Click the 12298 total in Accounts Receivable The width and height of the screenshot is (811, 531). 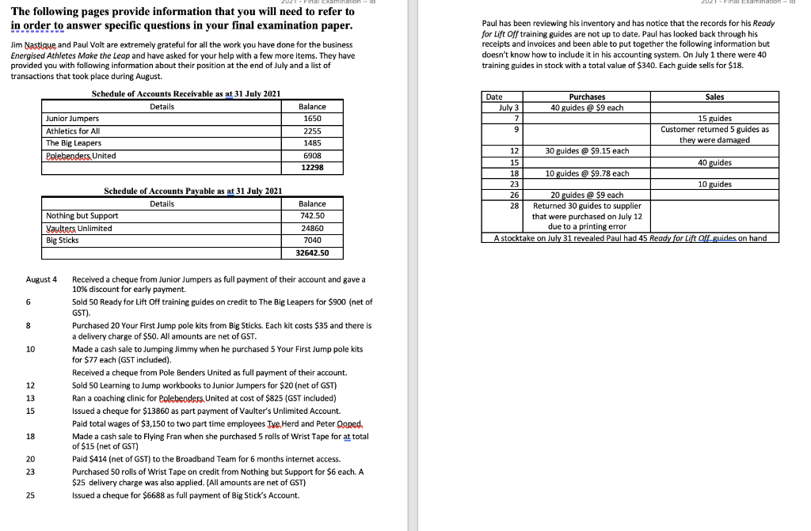[x=311, y=168]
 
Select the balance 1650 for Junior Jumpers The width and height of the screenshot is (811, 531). [x=311, y=119]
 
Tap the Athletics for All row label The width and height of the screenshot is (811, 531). [x=73, y=131]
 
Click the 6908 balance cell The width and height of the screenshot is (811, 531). [x=311, y=156]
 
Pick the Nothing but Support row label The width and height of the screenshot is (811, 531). [x=82, y=215]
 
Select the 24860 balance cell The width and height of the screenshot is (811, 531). [x=311, y=228]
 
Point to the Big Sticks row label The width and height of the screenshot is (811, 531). [x=63, y=240]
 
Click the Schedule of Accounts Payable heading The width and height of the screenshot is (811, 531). [x=193, y=192]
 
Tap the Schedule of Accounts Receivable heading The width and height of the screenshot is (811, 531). [x=186, y=94]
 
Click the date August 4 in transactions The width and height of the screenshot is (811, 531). [x=41, y=279]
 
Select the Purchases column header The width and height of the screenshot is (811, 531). [x=587, y=97]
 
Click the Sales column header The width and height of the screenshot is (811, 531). [x=714, y=97]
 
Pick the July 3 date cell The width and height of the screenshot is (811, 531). [x=508, y=107]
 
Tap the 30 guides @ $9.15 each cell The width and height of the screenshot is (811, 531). [x=587, y=150]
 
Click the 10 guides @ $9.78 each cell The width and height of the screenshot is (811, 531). [x=587, y=173]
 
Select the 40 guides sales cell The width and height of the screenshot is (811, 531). [x=714, y=162]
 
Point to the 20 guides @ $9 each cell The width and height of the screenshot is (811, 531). [x=587, y=195]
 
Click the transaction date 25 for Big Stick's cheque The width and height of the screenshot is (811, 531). [x=30, y=495]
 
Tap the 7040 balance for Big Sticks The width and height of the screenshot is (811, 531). [x=311, y=240]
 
